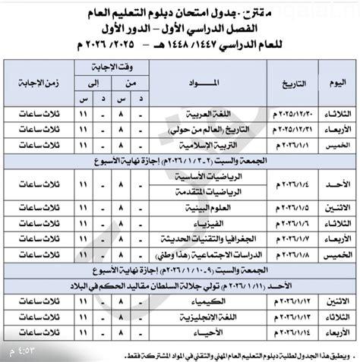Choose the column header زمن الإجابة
[33, 81]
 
